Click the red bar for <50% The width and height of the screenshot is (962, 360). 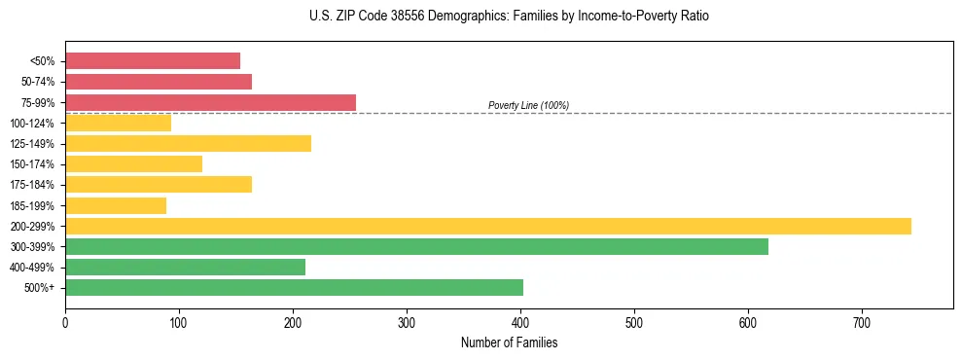click(153, 60)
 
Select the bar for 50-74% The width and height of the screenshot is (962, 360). click(159, 82)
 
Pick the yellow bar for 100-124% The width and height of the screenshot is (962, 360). click(118, 123)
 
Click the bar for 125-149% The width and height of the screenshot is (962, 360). click(188, 143)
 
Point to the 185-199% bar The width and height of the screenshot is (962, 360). click(116, 205)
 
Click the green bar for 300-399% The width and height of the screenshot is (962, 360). click(416, 246)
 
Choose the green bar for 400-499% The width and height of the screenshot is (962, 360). click(185, 267)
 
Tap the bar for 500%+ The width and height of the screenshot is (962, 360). click(294, 287)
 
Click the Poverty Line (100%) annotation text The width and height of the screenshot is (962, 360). click(528, 105)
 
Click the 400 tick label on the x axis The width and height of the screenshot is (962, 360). click(520, 322)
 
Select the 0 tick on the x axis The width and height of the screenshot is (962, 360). click(65, 322)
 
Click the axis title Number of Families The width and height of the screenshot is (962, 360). click(509, 342)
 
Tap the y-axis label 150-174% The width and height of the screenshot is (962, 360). click(32, 164)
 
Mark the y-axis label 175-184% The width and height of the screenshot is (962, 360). click(32, 185)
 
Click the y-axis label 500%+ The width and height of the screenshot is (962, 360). click(38, 288)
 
